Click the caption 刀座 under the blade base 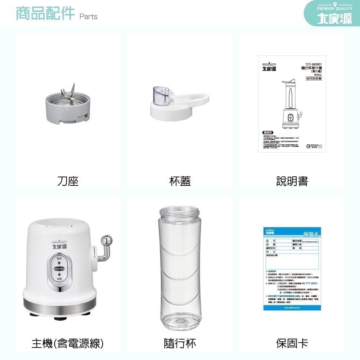click(x=68, y=181)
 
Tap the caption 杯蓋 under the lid click(x=180, y=181)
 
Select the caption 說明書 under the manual click(x=292, y=181)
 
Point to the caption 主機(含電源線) click(x=68, y=343)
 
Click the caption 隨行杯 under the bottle click(x=180, y=343)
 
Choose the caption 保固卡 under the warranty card click(x=292, y=343)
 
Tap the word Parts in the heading click(x=88, y=17)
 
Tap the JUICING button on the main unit click(x=59, y=269)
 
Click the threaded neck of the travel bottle click(x=180, y=212)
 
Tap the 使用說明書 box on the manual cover click(x=314, y=78)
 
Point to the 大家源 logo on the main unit click(x=60, y=247)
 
